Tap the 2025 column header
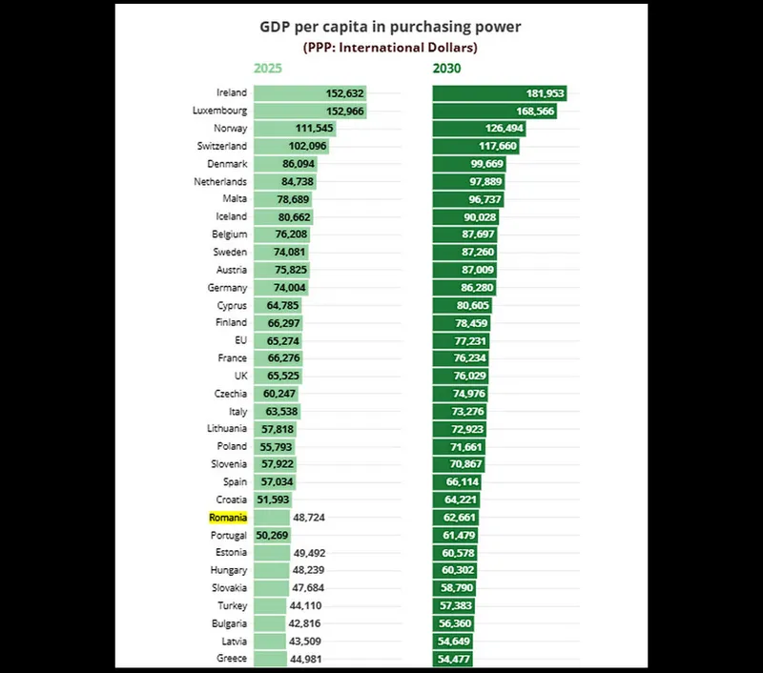[269, 68]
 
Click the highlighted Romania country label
[228, 518]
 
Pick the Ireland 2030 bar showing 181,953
[499, 93]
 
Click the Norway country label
[232, 128]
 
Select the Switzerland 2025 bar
[292, 146]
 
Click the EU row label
[240, 340]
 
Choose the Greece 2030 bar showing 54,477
[453, 659]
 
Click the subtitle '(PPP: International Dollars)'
[390, 47]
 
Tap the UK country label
[239, 376]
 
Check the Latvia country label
[234, 642]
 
